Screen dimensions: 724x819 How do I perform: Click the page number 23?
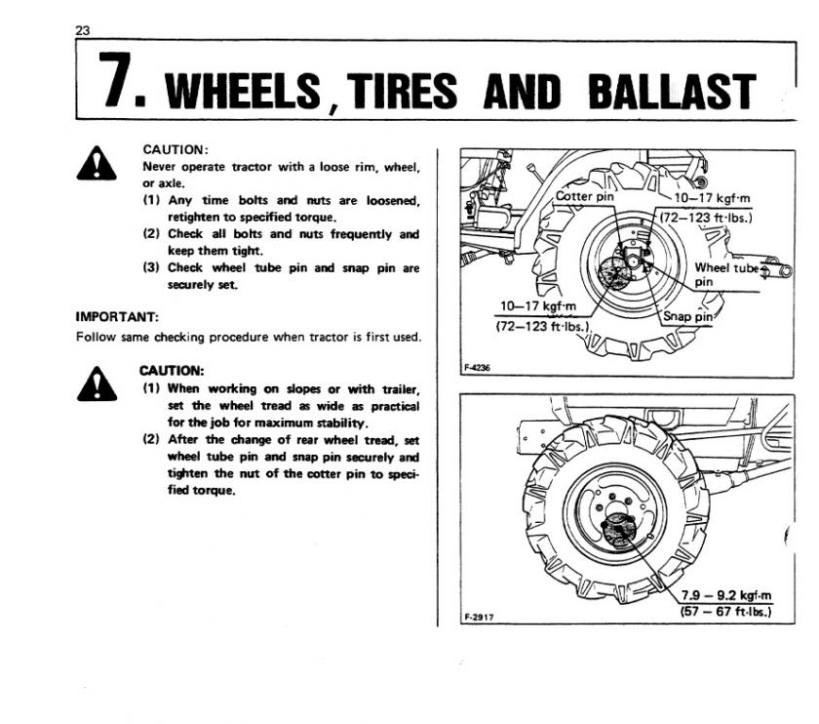pos(82,30)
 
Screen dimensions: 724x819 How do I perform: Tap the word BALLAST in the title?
pos(672,91)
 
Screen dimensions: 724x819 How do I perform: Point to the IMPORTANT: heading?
pos(117,316)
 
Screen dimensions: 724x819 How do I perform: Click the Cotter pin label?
pos(584,195)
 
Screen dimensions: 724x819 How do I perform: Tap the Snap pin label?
pos(687,316)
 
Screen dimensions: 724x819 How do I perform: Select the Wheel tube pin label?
pos(723,274)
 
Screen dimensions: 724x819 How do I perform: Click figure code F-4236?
pos(476,368)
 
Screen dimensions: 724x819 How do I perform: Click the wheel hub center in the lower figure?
pos(618,531)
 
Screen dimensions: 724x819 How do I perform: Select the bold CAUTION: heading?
pos(172,371)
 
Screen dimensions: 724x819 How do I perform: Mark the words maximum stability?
pos(319,422)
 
